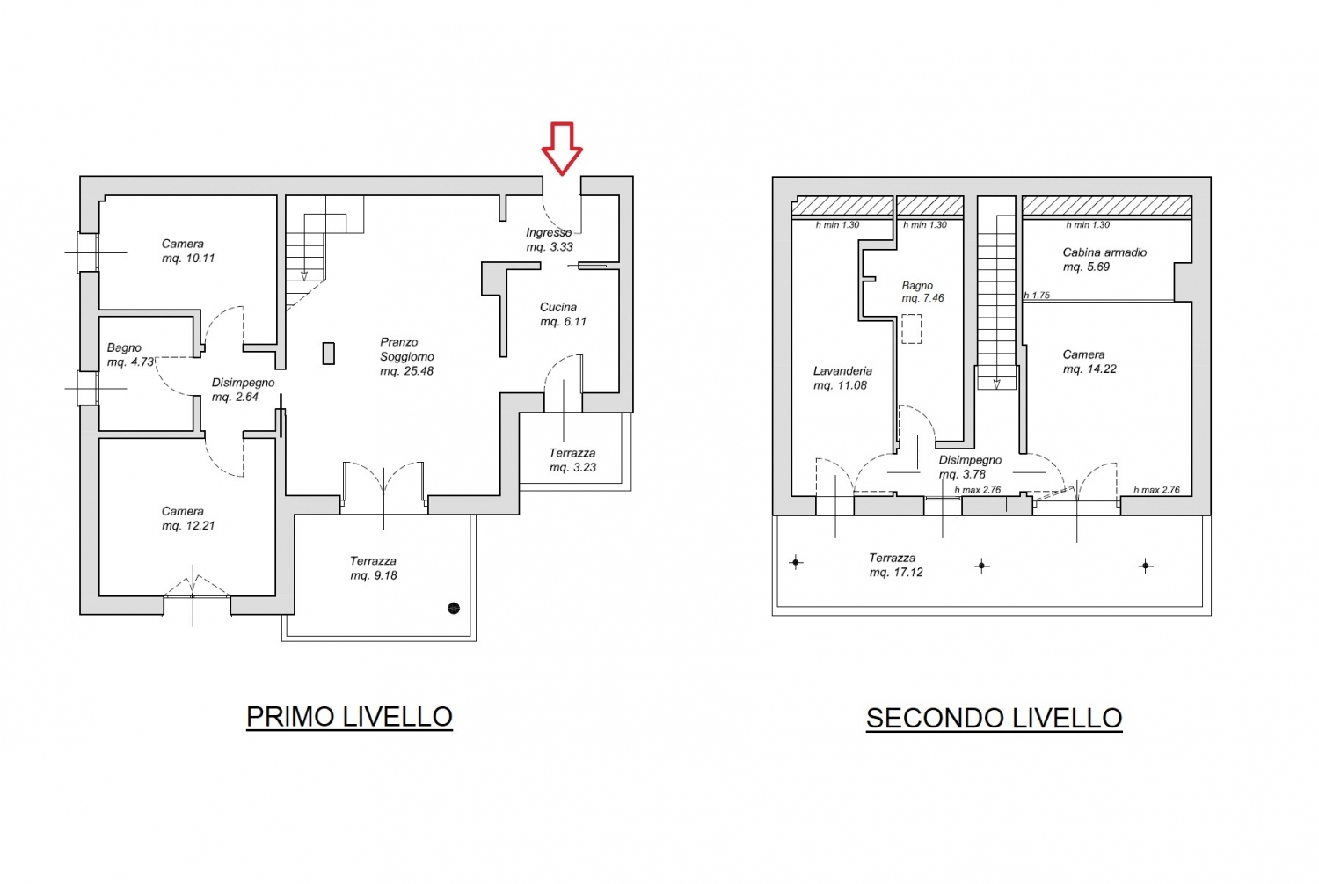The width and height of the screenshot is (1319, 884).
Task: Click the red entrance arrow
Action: (x=562, y=149)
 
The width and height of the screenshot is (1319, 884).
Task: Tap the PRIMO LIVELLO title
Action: (x=349, y=717)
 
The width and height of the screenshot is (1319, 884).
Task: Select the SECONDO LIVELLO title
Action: (x=994, y=718)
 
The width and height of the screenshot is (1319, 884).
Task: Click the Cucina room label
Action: (x=558, y=308)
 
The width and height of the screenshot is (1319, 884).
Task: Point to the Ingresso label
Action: (x=549, y=232)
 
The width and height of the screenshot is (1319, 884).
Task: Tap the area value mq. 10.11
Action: (x=188, y=258)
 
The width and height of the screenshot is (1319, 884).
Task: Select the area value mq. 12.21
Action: (x=188, y=525)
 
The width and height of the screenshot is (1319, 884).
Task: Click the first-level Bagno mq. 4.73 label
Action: (x=130, y=354)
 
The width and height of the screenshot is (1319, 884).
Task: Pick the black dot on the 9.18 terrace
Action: (x=454, y=608)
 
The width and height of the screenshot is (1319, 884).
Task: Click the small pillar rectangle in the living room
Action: (x=329, y=354)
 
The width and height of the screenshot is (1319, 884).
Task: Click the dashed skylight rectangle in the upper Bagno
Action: (x=912, y=329)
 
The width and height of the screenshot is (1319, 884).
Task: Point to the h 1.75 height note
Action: (x=1037, y=295)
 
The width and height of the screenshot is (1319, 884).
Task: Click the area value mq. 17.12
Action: (x=896, y=572)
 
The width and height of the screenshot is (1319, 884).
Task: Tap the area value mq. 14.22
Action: (x=1090, y=369)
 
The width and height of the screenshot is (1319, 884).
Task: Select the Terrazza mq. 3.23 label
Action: (x=572, y=460)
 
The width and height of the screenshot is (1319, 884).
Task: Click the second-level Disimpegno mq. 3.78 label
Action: (x=970, y=467)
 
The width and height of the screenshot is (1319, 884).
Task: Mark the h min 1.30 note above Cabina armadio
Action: (x=1088, y=224)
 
